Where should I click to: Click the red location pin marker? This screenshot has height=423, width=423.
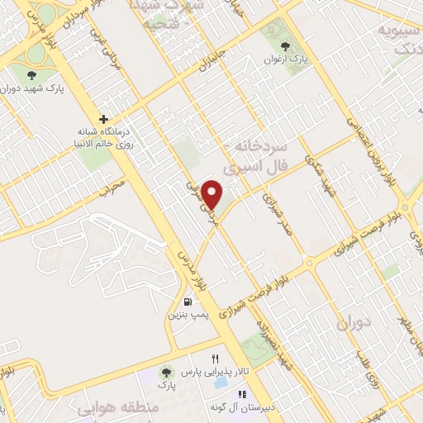tap(213, 194)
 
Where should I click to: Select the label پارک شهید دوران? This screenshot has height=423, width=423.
tap(34, 88)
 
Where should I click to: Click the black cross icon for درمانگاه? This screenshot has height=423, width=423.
tap(103, 119)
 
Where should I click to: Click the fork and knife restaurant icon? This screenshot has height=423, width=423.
tap(215, 359)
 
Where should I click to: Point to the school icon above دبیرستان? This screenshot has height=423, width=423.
tap(218, 394)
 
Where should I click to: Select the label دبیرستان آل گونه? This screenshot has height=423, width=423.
tap(219, 407)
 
